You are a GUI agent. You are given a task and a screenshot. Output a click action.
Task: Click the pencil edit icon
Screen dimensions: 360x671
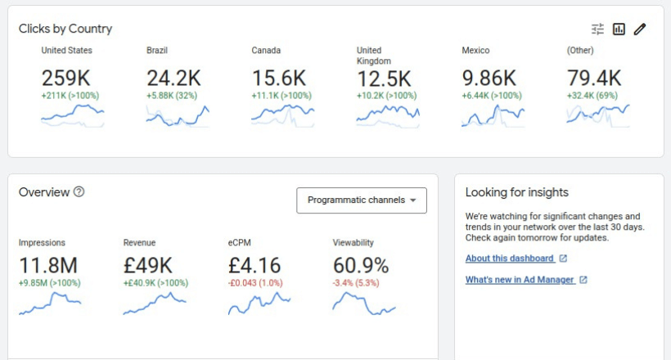tap(640, 29)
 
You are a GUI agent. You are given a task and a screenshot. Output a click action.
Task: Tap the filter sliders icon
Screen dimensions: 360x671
tap(598, 29)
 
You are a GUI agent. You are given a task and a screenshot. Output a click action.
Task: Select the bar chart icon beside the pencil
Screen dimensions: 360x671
tap(619, 29)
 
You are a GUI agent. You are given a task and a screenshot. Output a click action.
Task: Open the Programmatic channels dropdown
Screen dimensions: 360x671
tap(362, 200)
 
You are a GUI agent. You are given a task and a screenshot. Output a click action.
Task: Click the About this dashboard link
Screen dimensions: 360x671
tap(509, 259)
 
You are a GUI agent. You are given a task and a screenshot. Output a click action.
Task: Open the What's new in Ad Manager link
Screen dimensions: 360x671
tap(520, 280)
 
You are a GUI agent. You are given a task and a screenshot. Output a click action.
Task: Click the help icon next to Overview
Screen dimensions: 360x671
tap(79, 192)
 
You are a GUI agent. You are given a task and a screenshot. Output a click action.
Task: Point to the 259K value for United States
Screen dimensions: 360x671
tap(66, 79)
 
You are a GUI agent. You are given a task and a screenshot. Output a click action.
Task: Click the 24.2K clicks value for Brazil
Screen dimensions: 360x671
tap(173, 79)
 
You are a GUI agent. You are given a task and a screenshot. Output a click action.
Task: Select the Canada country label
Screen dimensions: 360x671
tap(266, 51)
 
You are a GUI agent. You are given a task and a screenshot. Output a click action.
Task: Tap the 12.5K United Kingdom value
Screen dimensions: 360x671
tap(384, 79)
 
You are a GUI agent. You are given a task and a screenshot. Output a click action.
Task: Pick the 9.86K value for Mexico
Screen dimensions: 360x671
tap(489, 79)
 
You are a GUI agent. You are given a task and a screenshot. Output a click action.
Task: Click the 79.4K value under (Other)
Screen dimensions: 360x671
tap(594, 79)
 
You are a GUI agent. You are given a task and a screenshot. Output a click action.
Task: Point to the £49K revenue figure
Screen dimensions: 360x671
tap(148, 266)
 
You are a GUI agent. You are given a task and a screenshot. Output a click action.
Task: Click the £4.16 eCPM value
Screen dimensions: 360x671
tap(254, 266)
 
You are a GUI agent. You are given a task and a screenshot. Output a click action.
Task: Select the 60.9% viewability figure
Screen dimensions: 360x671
tap(361, 266)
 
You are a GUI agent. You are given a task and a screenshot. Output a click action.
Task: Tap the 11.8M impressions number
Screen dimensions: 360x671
tap(48, 266)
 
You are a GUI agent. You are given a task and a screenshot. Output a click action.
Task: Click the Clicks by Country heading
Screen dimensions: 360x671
tap(65, 29)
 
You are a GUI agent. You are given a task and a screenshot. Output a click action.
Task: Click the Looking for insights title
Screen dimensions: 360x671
tap(516, 192)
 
